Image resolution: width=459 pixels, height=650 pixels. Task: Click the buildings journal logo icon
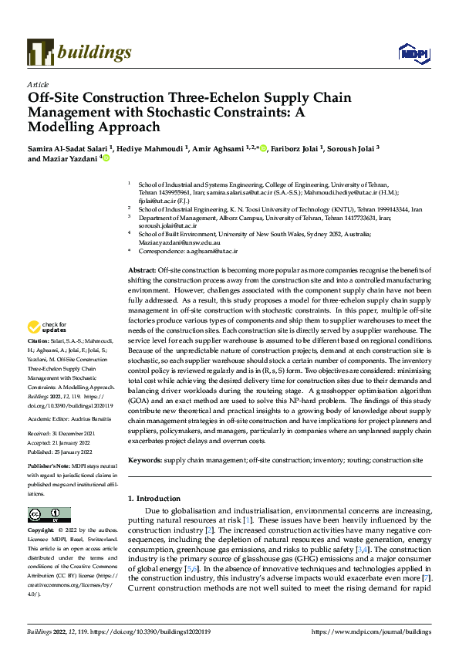(40, 52)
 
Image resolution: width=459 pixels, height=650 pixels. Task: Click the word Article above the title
(38, 84)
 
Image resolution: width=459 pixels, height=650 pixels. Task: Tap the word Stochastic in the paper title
(195, 112)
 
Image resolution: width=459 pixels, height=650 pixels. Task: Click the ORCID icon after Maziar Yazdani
(106, 158)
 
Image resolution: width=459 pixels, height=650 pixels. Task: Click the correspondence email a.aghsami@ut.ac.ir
(210, 251)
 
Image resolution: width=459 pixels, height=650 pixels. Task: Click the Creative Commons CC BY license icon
(49, 515)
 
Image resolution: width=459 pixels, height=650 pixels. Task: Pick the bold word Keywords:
(144, 459)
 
